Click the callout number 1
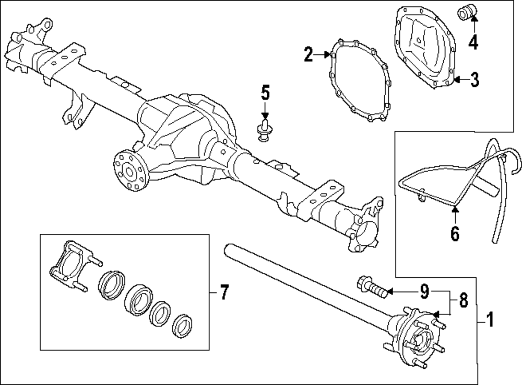[x=489, y=318]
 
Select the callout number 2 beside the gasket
[x=309, y=54]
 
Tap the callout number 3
[x=473, y=80]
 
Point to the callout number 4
[x=472, y=42]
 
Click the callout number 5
[x=265, y=94]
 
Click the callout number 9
[x=424, y=291]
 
